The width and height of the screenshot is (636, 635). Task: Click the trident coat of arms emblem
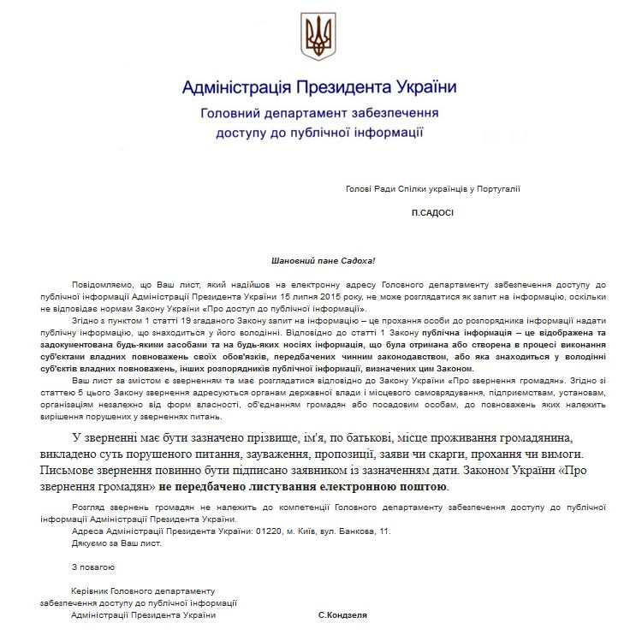tap(318, 35)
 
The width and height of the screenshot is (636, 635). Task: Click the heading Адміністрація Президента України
tap(318, 88)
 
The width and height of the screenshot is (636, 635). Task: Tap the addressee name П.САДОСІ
tap(431, 211)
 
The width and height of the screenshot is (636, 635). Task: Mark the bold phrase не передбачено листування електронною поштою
tap(303, 486)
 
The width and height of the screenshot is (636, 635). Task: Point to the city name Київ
tap(299, 531)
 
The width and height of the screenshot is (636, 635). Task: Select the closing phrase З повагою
tap(92, 567)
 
